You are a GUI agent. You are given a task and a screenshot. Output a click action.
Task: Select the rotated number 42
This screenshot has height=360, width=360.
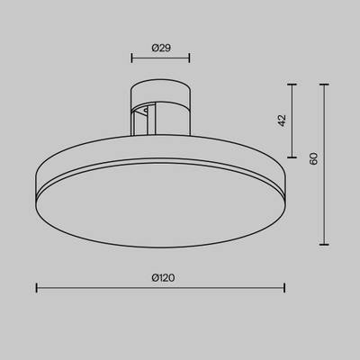pyautogui.click(x=281, y=118)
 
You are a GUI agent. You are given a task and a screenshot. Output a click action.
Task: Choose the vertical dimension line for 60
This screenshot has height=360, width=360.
pyautogui.click(x=325, y=163)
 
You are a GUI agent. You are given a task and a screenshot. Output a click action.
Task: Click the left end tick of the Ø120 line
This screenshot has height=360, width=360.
pyautogui.click(x=36, y=289)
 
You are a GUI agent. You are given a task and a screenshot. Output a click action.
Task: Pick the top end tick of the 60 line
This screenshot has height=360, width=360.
pyautogui.click(x=325, y=84)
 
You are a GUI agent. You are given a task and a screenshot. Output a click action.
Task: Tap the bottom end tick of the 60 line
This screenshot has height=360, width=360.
pyautogui.click(x=325, y=243)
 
